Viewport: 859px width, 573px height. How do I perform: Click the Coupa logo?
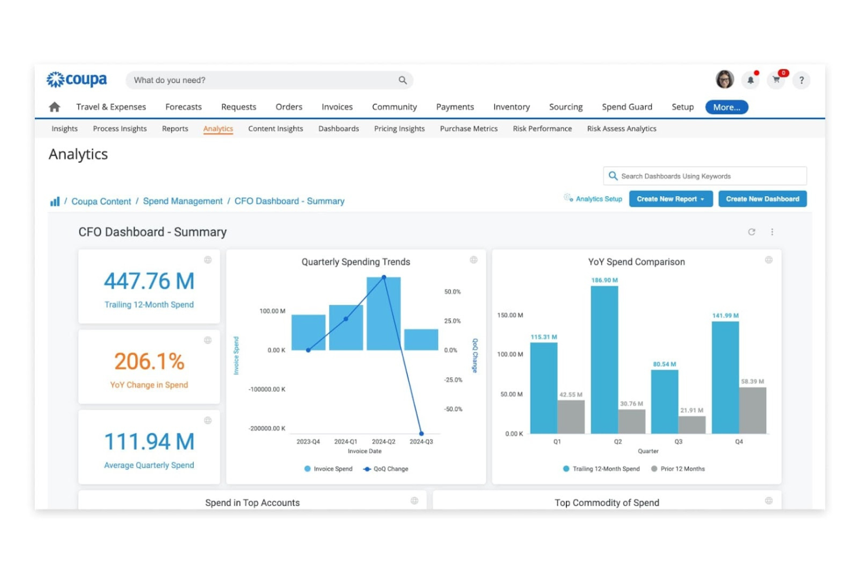click(77, 80)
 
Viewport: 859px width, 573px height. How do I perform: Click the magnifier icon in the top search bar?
click(402, 80)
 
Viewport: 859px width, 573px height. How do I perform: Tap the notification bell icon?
click(750, 80)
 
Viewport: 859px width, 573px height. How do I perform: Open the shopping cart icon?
click(776, 80)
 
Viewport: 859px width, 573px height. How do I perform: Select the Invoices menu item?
click(337, 107)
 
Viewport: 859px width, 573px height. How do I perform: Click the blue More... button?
click(726, 107)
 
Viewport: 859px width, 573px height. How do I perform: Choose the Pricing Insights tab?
click(399, 129)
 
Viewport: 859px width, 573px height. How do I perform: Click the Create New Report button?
click(670, 199)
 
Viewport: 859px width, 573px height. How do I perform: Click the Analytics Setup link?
click(598, 199)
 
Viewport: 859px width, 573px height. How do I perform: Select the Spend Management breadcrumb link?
click(182, 201)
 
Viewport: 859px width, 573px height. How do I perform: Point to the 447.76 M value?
click(149, 282)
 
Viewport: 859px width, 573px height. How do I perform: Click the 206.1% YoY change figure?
click(149, 362)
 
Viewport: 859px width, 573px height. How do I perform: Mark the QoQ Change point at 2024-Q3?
click(421, 434)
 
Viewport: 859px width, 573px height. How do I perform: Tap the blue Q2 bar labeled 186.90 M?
click(604, 360)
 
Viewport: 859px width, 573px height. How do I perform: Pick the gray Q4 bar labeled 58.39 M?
click(752, 410)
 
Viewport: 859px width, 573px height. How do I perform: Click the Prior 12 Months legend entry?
click(682, 469)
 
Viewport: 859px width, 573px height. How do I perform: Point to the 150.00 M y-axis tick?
click(510, 315)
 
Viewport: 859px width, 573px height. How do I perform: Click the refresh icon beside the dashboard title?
click(752, 232)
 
